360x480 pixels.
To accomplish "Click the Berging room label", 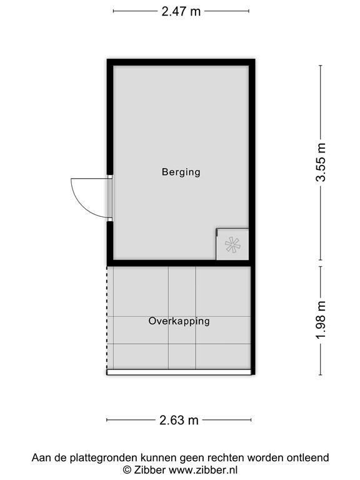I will click(181, 172).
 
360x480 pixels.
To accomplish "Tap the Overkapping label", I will click(179, 321).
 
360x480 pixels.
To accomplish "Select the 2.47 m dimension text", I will click(181, 11).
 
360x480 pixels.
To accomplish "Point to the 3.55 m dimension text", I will click(321, 162).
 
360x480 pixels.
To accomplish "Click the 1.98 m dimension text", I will click(321, 320).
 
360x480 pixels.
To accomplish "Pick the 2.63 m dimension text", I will click(180, 420).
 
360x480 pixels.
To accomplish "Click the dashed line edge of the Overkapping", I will click(107, 319).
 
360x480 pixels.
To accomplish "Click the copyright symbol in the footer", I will click(126, 470).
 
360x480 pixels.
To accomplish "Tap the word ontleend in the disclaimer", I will click(308, 458).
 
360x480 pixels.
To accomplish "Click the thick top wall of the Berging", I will click(181, 62).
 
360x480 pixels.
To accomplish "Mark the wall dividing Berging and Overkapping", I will click(181, 262).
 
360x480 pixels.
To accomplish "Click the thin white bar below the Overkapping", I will click(179, 372).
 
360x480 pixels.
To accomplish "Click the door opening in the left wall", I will click(109, 197).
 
